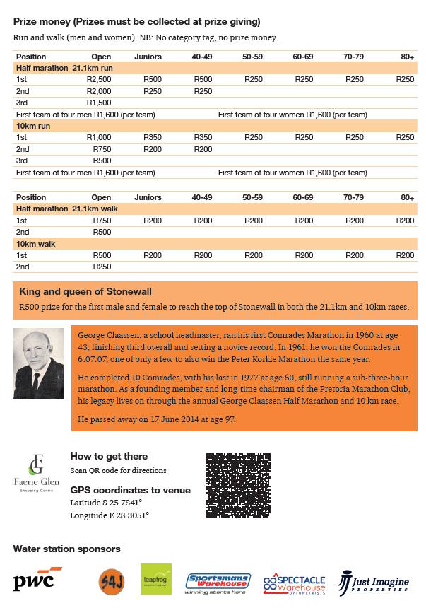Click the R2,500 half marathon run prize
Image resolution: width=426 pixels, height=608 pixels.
[x=99, y=79]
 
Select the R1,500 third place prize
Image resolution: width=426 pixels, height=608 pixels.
[x=99, y=103]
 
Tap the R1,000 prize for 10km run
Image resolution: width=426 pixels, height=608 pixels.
[x=99, y=137]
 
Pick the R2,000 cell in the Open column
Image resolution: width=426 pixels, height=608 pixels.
[x=99, y=91]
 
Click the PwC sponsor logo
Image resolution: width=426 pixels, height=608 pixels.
[x=37, y=580]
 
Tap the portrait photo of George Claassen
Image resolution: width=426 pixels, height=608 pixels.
[x=39, y=363]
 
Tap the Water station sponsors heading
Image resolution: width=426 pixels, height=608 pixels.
[x=67, y=549]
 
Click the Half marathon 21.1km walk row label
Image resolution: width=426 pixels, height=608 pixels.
[x=66, y=209]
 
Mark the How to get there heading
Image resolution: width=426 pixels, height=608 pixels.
[x=109, y=457]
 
